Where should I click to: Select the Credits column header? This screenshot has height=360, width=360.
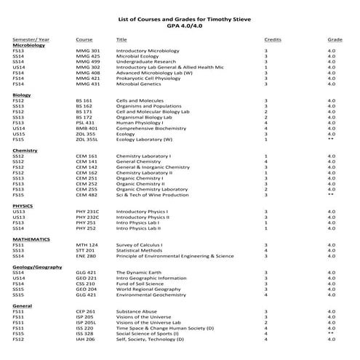click(x=273, y=39)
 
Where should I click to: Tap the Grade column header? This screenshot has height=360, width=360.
click(x=335, y=39)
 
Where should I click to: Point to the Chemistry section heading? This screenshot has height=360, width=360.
click(x=25, y=150)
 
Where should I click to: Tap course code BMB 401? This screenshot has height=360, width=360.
click(x=88, y=128)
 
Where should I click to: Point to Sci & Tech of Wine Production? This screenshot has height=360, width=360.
click(x=156, y=194)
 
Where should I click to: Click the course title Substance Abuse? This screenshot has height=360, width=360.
click(x=137, y=311)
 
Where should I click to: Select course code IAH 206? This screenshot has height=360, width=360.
click(x=86, y=339)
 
